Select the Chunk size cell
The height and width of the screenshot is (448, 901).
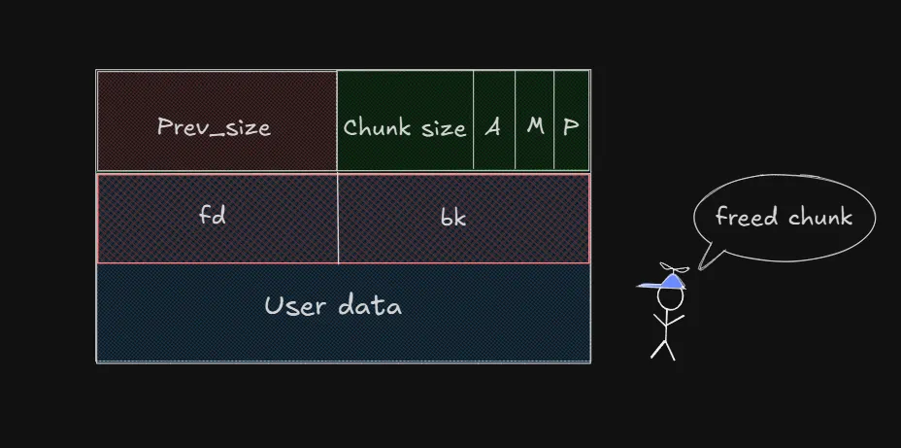pyautogui.click(x=405, y=121)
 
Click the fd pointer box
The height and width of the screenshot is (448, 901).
pyautogui.click(x=217, y=218)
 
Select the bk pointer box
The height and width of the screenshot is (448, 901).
pyautogui.click(x=463, y=218)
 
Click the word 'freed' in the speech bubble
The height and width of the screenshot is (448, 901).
pyautogui.click(x=746, y=216)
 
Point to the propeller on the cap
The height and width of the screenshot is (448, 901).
pyautogui.click(x=677, y=267)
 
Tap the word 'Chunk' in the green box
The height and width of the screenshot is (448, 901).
pyautogui.click(x=369, y=127)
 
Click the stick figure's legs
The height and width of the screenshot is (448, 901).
pyautogui.click(x=663, y=347)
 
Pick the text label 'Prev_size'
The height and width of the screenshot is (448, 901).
pyautogui.click(x=214, y=127)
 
